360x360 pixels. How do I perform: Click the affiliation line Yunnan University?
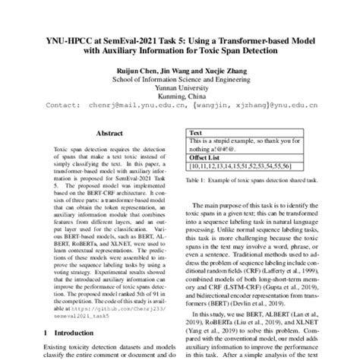click(x=180, y=87)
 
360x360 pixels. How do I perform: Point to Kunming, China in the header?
click(x=180, y=96)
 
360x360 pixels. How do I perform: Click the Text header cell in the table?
click(x=196, y=131)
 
